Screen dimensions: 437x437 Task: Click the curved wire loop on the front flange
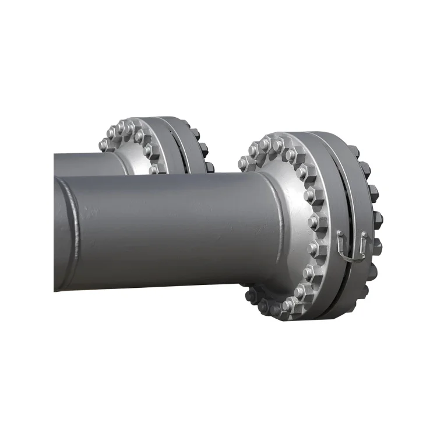351,255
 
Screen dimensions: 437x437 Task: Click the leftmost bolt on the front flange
244,164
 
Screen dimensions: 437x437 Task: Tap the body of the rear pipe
87,163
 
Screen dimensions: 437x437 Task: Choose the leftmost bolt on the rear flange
104,145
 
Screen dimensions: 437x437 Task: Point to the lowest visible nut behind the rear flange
209,167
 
